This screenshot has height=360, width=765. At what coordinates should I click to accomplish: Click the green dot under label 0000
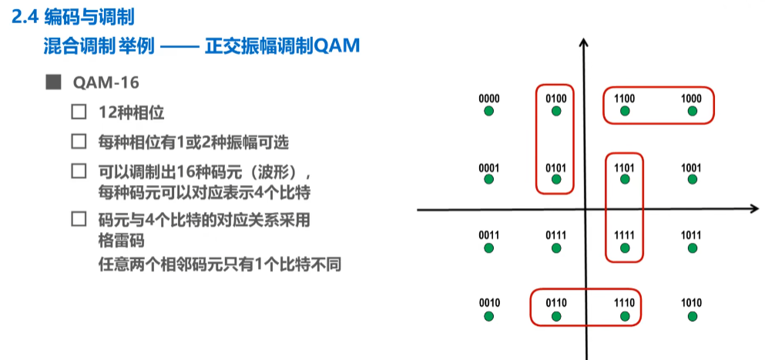pyautogui.click(x=488, y=112)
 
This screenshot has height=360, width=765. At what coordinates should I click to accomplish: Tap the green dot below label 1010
pyautogui.click(x=691, y=316)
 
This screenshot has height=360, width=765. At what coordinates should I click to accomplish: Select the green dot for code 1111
pyautogui.click(x=624, y=248)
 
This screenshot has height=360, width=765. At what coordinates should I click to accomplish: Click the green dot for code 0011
pyautogui.click(x=488, y=248)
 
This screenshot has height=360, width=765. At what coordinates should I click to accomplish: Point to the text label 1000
pyautogui.click(x=691, y=99)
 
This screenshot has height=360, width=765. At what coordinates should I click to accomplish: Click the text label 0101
pyautogui.click(x=556, y=167)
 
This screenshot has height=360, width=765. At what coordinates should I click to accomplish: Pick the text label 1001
pyautogui.click(x=691, y=167)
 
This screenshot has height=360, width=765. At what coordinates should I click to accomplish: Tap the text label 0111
pyautogui.click(x=556, y=234)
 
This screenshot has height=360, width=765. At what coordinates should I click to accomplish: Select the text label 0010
pyautogui.click(x=488, y=303)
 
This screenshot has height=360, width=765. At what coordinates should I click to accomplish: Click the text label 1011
pyautogui.click(x=691, y=234)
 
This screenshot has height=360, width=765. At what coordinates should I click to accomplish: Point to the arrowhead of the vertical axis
pyautogui.click(x=585, y=44)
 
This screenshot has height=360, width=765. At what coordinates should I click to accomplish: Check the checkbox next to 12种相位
pyautogui.click(x=78, y=112)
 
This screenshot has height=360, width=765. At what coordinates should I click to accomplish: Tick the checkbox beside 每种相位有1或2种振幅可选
pyautogui.click(x=78, y=142)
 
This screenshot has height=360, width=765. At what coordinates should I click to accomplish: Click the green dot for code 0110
pyautogui.click(x=556, y=316)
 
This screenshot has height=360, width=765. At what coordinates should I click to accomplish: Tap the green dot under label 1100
pyautogui.click(x=624, y=112)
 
